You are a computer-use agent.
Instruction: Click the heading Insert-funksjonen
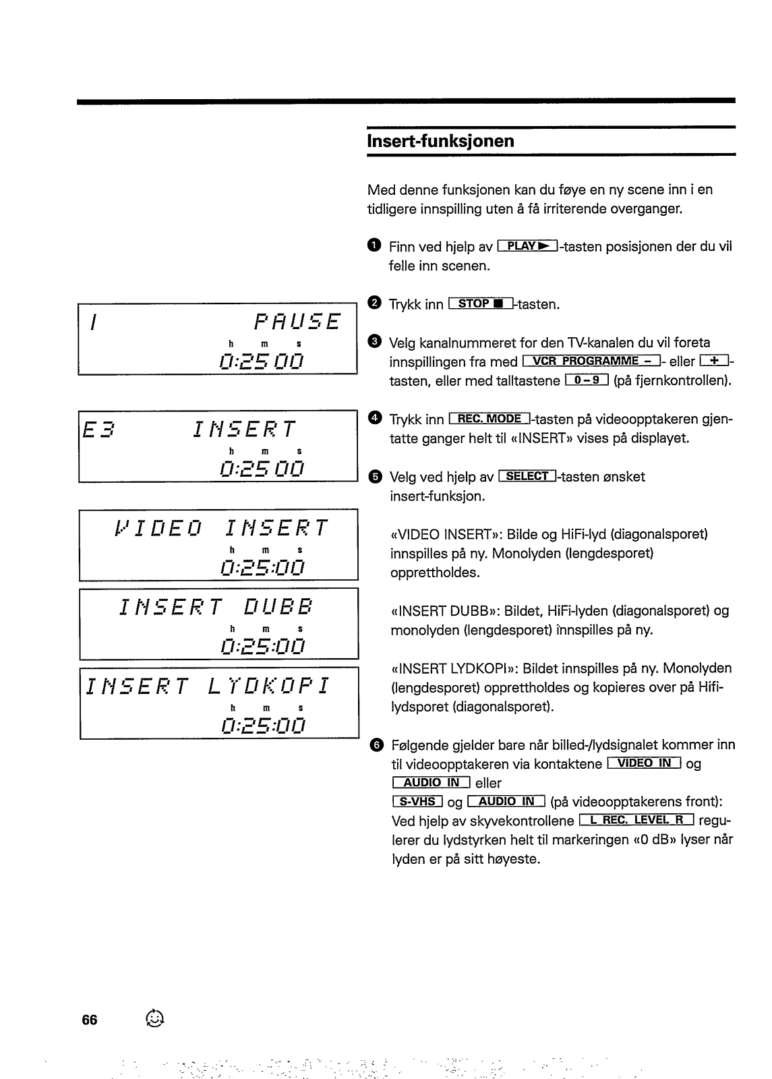coord(440,141)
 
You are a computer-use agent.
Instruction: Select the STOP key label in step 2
coord(480,304)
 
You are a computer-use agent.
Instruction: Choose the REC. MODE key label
coord(490,419)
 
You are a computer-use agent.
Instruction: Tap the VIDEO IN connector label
coord(645,763)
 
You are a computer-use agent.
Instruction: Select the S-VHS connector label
coord(417,802)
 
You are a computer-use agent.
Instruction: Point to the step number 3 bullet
coord(375,342)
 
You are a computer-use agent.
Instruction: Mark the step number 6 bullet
coord(377,745)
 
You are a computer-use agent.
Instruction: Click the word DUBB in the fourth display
coord(278,606)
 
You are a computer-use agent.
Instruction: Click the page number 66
coord(90,1020)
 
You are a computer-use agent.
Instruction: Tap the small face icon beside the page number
coord(154,1018)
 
